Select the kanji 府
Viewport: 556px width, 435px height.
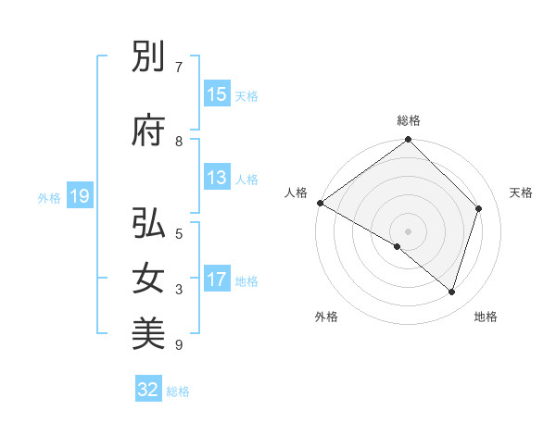pyautogui.click(x=149, y=131)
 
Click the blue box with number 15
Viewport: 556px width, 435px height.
pyautogui.click(x=217, y=94)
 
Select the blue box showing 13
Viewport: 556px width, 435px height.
pyautogui.click(x=217, y=179)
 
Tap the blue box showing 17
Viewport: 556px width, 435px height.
pyautogui.click(x=217, y=280)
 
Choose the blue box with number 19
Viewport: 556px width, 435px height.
pyautogui.click(x=79, y=196)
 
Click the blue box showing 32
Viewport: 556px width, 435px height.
pyautogui.click(x=148, y=390)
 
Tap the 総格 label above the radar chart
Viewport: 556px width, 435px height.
pyautogui.click(x=409, y=120)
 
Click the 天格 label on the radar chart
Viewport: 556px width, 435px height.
pyautogui.click(x=522, y=193)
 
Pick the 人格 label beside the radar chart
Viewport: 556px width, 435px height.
pyautogui.click(x=297, y=193)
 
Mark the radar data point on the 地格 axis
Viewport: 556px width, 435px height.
pyautogui.click(x=452, y=292)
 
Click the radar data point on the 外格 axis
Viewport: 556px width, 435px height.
pyautogui.click(x=398, y=246)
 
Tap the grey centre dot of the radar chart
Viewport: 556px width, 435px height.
pyautogui.click(x=409, y=230)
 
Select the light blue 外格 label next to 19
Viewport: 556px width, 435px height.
pyautogui.click(x=49, y=197)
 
